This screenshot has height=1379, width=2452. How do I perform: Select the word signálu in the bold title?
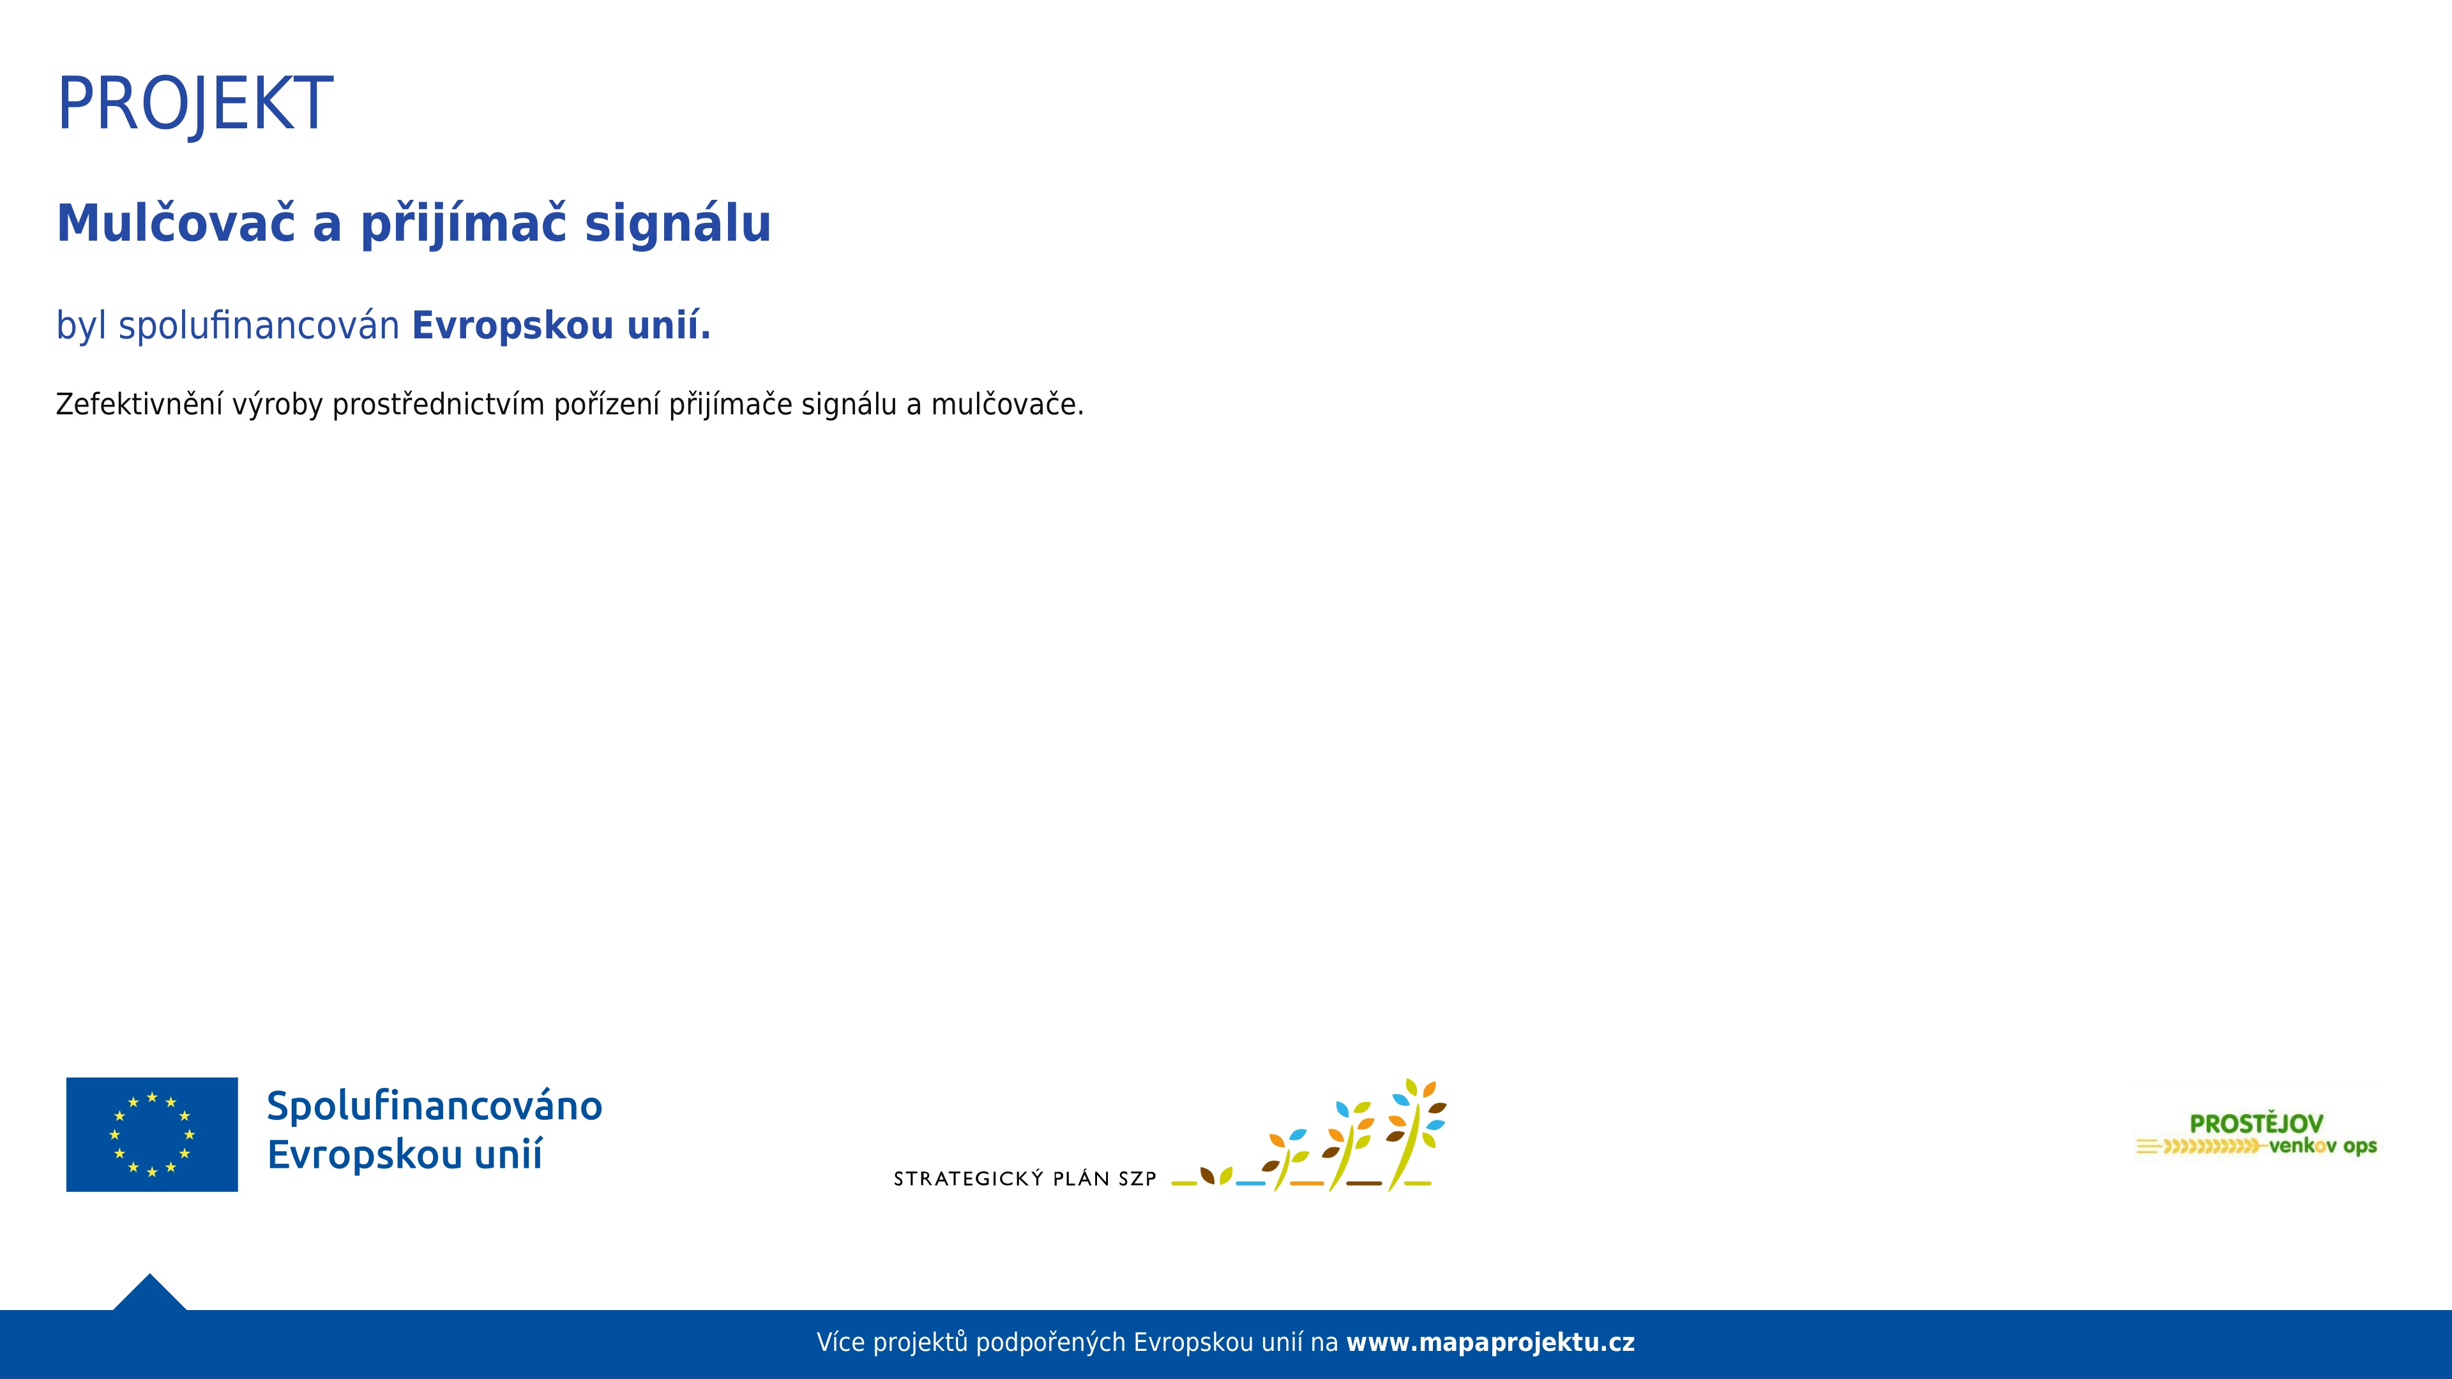[677, 225]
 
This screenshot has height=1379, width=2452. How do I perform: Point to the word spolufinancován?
[259, 326]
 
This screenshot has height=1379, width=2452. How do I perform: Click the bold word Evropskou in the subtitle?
[512, 326]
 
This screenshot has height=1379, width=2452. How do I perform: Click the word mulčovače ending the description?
[1007, 405]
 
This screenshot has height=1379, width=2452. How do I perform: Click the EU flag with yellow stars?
[153, 1134]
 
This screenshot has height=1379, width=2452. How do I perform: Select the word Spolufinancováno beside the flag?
[434, 1106]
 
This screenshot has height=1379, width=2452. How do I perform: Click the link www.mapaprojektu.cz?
[1490, 1343]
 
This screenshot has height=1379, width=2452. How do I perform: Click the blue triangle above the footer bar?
[149, 1292]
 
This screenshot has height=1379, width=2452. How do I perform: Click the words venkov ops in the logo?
[2322, 1146]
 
